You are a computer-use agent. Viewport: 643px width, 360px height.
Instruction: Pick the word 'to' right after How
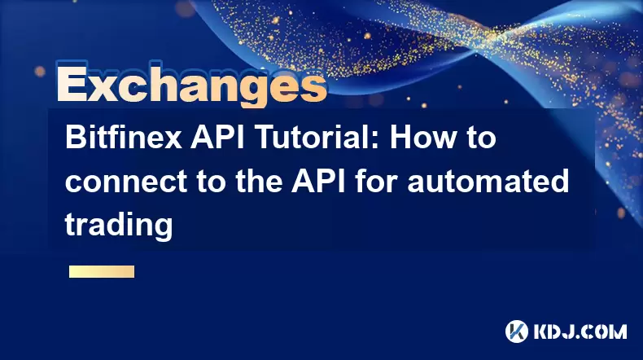(480, 138)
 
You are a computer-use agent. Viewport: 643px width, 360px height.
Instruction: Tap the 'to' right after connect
(211, 182)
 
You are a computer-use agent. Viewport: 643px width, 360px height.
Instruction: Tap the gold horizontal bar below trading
(102, 271)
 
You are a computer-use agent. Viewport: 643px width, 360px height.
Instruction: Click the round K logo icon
(517, 331)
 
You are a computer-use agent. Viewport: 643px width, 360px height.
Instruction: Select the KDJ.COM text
(580, 331)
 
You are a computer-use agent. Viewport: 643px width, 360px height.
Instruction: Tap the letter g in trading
(163, 229)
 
